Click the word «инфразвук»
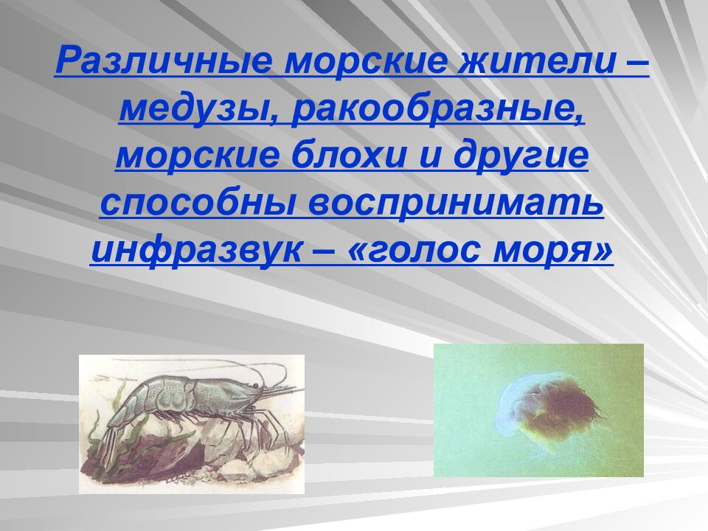click(195, 251)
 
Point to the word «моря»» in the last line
click(561, 251)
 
